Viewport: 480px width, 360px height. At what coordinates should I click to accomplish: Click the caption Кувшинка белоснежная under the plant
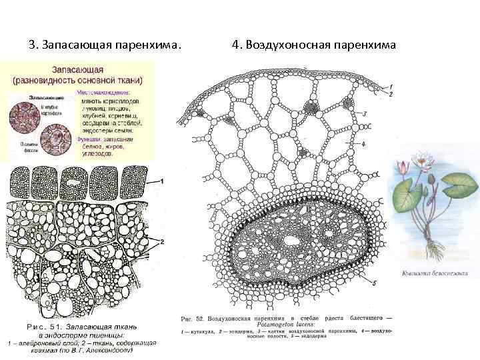coord(435,273)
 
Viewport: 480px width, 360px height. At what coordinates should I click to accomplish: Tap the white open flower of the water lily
coord(421,161)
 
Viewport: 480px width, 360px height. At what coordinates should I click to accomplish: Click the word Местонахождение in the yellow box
coord(105,93)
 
